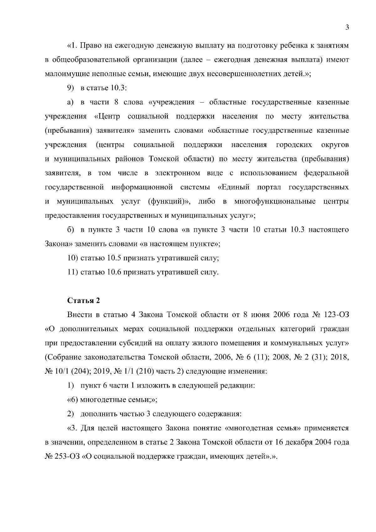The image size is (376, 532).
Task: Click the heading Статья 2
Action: pyautogui.click(x=84, y=300)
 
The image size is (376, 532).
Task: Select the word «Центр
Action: pyautogui.click(x=107, y=117)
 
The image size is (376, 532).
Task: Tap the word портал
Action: pyautogui.click(x=269, y=187)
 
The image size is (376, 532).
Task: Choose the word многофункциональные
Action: pyautogui.click(x=275, y=201)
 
